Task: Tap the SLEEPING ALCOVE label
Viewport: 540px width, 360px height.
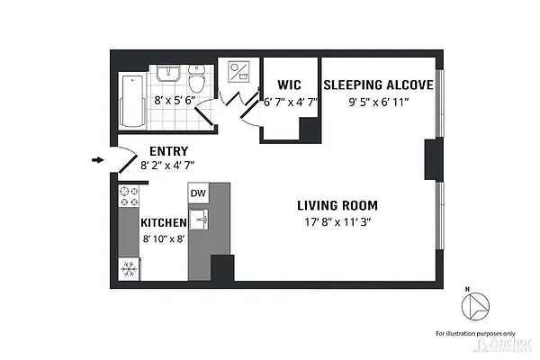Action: click(x=378, y=85)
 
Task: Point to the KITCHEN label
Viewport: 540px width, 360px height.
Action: click(x=163, y=222)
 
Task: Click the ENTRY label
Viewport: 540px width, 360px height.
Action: click(x=167, y=151)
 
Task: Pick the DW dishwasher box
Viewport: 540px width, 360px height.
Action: click(x=198, y=193)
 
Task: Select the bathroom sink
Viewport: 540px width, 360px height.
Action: click(x=168, y=73)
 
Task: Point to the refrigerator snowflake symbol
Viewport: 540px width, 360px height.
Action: click(x=128, y=268)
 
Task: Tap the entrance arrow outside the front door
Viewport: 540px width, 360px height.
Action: click(x=98, y=161)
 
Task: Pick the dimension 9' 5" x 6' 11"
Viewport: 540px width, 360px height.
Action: click(x=378, y=101)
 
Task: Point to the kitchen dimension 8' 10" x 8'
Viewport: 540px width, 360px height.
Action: click(x=164, y=238)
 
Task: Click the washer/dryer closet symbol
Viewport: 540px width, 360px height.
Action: click(x=241, y=72)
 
